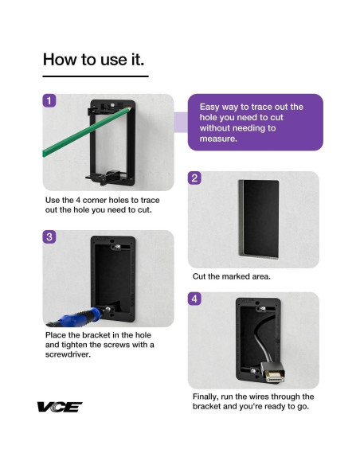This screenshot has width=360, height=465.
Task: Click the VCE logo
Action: point(59,407)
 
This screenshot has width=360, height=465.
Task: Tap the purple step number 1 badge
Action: point(49,100)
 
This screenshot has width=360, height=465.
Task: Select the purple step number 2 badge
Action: point(194,178)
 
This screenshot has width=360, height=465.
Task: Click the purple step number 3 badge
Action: point(49,236)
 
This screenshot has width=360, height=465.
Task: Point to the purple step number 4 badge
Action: point(194,299)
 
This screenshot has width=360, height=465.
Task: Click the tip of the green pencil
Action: point(130,108)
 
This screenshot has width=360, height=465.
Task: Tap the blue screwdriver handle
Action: point(80,316)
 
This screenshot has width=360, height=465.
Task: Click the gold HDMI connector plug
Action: point(275,377)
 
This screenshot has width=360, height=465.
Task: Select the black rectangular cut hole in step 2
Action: point(259,219)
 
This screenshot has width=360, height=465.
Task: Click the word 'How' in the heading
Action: point(61,59)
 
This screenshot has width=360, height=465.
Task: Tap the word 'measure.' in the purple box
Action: point(218,139)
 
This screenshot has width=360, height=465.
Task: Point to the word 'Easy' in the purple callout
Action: point(209,107)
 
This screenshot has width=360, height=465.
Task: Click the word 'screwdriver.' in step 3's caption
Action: point(68,354)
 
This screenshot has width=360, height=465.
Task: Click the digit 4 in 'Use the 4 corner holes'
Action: point(78,200)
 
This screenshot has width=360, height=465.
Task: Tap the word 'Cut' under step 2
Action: point(199,276)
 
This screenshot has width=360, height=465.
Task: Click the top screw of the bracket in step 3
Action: point(118,247)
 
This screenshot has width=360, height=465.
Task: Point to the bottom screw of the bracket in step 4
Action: point(253,371)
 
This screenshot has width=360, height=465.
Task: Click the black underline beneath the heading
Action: point(96,76)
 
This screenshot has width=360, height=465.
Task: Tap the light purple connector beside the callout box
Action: point(181,122)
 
